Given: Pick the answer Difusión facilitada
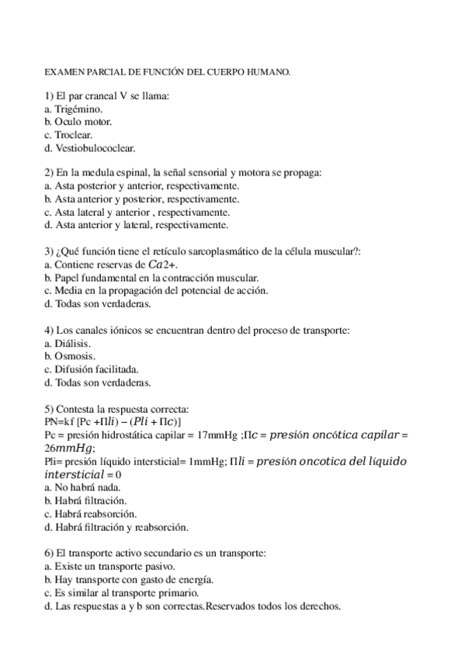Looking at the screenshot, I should click(96, 369).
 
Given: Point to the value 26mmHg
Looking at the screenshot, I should click(69, 448).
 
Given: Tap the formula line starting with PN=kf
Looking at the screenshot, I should click(113, 422).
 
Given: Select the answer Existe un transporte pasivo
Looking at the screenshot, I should click(105, 566).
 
